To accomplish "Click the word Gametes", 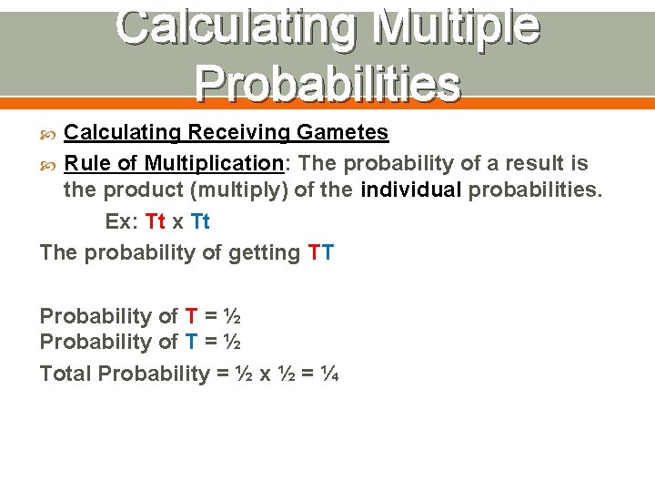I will click(x=344, y=132).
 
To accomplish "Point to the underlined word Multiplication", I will click(x=213, y=164).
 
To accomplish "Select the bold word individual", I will click(x=413, y=190).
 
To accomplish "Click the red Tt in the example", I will click(x=155, y=222).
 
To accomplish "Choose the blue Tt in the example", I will click(x=200, y=222).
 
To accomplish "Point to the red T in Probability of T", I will click(x=191, y=316).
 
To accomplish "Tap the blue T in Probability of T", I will click(x=191, y=342).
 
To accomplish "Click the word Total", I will click(x=65, y=374).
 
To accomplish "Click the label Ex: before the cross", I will click(x=122, y=222).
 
